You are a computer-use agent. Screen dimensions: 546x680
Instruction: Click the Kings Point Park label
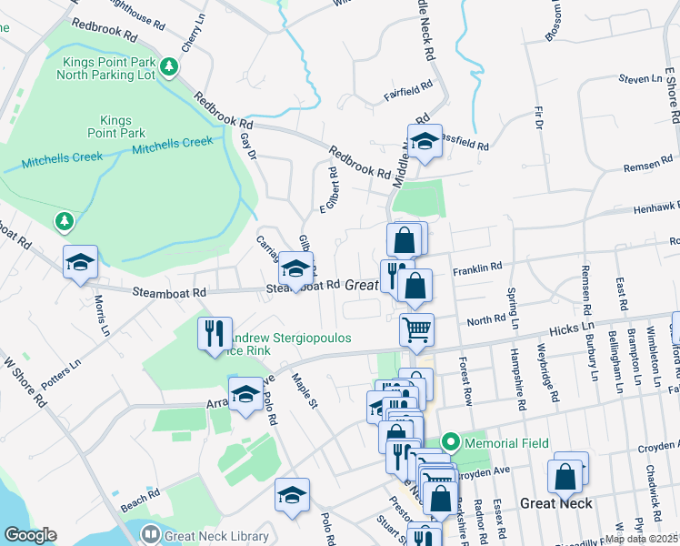click(x=115, y=126)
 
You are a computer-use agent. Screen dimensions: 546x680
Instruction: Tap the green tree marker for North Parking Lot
click(x=168, y=66)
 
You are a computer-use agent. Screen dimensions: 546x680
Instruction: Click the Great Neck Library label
click(x=215, y=537)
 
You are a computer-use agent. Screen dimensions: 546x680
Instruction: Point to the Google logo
click(x=30, y=535)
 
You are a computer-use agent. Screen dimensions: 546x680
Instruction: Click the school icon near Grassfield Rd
click(x=424, y=141)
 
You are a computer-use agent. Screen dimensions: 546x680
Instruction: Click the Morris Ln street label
click(x=101, y=312)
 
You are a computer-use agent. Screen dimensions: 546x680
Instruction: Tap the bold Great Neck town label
click(x=556, y=503)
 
